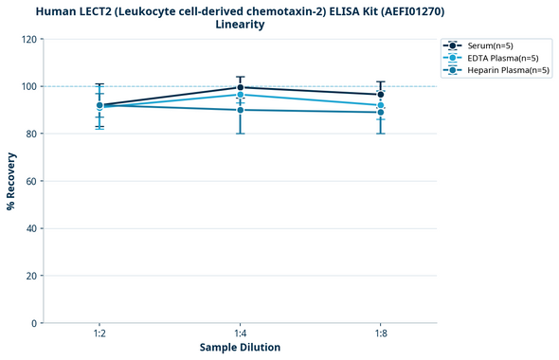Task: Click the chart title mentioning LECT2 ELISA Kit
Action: (240, 10)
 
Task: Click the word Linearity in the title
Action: (240, 25)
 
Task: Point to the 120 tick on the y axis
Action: (29, 39)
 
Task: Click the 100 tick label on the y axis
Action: (29, 86)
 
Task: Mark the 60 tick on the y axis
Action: (32, 181)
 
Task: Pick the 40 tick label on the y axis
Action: (32, 228)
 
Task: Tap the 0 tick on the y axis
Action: (35, 323)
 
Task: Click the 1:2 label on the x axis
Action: (99, 334)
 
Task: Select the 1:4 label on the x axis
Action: (240, 334)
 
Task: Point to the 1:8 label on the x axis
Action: (380, 334)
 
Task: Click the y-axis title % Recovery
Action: (11, 181)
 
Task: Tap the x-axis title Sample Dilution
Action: (240, 348)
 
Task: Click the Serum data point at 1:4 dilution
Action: (240, 87)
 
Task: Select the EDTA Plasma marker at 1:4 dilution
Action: (240, 95)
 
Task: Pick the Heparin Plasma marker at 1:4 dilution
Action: (240, 110)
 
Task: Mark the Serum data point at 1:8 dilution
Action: (380, 95)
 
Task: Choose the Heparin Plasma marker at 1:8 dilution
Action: (380, 112)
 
